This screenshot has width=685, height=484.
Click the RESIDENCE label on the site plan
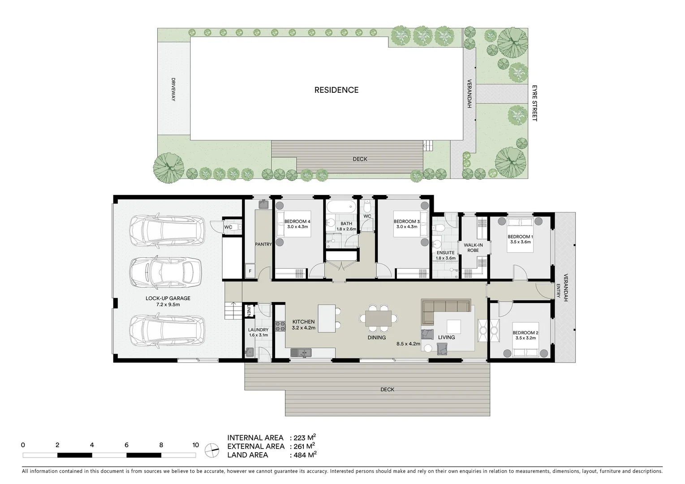336,90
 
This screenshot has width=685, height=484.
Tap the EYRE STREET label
534,103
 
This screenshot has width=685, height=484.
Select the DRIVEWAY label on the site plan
173,89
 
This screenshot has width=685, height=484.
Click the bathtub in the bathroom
340,207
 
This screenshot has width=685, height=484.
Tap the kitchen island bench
327,318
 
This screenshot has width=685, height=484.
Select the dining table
378,319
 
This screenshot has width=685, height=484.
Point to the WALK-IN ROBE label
473,247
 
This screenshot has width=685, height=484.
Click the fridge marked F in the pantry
250,271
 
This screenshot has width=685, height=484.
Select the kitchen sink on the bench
300,353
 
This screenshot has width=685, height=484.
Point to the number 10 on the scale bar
195,445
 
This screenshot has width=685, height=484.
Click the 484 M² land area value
305,455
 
